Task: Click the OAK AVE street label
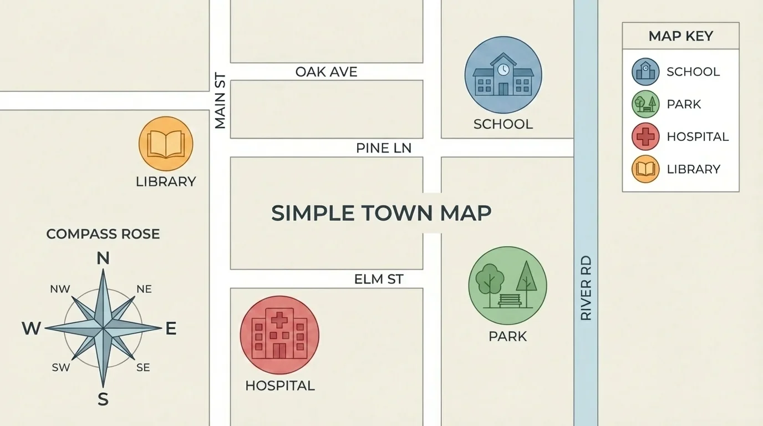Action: tap(326, 72)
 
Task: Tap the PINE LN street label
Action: tap(384, 148)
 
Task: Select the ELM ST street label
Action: tap(379, 279)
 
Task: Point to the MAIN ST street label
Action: tap(220, 100)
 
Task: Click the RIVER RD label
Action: tap(586, 288)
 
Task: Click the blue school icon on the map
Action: tap(503, 75)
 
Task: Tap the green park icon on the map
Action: tap(507, 285)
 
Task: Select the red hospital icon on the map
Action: tap(279, 335)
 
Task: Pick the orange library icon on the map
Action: tap(166, 144)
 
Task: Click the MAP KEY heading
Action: tap(680, 36)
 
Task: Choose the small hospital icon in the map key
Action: tap(645, 136)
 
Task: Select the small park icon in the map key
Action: tap(645, 104)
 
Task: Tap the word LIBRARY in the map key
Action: tap(693, 169)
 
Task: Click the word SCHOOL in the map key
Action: tap(693, 72)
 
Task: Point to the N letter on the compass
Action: tap(103, 258)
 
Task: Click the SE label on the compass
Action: tap(143, 367)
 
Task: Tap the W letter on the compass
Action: tap(31, 328)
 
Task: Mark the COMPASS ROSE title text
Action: tap(103, 234)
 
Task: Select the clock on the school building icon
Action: tap(503, 69)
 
